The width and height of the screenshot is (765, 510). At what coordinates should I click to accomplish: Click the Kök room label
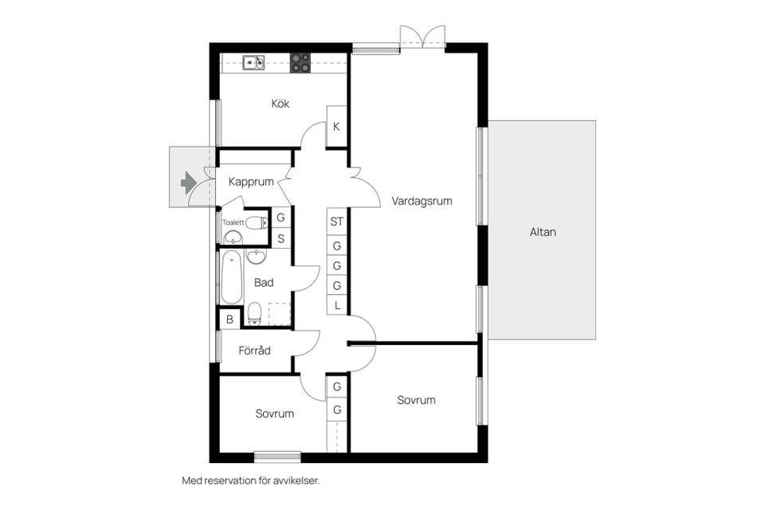(280, 104)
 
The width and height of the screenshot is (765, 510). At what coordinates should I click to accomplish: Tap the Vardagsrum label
(422, 201)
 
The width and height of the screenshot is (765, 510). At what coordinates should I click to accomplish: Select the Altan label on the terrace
(543, 232)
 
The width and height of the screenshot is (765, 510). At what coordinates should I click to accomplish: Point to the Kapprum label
(251, 182)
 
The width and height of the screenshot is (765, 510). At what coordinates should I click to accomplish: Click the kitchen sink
(253, 63)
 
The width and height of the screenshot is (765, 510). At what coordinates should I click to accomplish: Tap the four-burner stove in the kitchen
(300, 63)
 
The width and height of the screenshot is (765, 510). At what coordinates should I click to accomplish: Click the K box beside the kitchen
(336, 126)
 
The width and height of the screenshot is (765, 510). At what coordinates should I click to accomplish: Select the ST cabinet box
(336, 222)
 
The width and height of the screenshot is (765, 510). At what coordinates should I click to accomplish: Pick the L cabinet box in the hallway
(336, 305)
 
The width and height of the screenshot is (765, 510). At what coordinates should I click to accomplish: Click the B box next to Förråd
(229, 320)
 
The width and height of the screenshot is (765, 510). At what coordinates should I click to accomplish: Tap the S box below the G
(281, 238)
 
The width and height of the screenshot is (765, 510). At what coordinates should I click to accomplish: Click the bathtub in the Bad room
(231, 277)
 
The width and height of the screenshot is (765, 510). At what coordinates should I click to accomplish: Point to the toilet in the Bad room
(254, 313)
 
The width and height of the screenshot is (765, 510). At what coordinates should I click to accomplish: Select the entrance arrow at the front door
(188, 182)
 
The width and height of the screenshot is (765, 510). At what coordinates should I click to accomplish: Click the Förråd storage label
(254, 351)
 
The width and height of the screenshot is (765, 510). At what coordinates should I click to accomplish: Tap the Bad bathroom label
(264, 283)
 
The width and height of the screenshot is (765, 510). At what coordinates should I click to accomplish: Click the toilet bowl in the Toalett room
(256, 223)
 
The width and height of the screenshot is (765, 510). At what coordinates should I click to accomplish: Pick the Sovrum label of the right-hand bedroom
(416, 400)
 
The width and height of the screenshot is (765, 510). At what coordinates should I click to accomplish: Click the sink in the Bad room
(256, 257)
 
